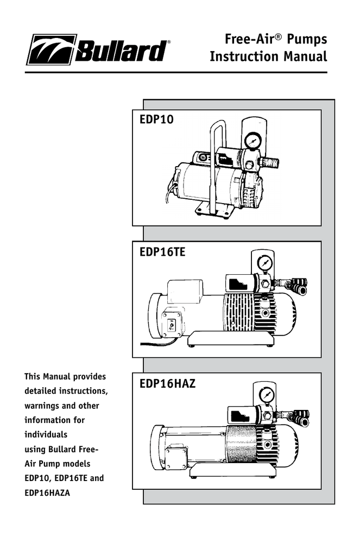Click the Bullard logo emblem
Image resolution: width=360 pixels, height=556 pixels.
coord(51,50)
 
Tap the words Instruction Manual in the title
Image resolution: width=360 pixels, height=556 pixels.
coord(268,56)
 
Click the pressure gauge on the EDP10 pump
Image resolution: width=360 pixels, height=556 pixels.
coord(252,140)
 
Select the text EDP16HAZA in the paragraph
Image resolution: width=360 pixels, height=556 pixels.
coord(47,493)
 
